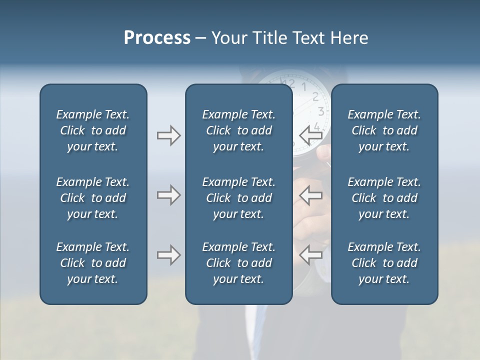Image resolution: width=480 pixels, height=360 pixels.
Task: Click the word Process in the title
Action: [157, 38]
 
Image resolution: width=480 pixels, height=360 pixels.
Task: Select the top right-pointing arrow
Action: [168, 135]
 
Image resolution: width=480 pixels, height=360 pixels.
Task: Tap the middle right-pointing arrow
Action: [168, 195]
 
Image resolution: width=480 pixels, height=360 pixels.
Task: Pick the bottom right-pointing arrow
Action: [168, 255]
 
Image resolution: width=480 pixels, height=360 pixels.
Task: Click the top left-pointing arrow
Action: [310, 135]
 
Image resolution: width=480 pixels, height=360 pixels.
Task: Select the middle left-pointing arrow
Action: [310, 195]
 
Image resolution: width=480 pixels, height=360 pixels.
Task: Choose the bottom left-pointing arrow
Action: [310, 255]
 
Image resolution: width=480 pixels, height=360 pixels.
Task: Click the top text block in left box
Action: [93, 130]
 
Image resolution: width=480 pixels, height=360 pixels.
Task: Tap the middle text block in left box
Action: [93, 198]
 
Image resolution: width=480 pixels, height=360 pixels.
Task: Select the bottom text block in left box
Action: [93, 263]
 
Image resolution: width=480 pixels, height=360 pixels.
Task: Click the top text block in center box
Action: [238, 130]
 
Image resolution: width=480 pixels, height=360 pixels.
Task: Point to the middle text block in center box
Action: [238, 198]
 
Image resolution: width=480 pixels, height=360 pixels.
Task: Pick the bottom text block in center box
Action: [238, 263]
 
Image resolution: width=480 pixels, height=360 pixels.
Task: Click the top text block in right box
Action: [384, 130]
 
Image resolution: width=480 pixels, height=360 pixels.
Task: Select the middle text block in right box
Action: [384, 198]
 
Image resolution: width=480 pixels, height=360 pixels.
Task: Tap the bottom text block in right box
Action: [384, 263]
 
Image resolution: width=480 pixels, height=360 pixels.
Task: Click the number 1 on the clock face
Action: [303, 87]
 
